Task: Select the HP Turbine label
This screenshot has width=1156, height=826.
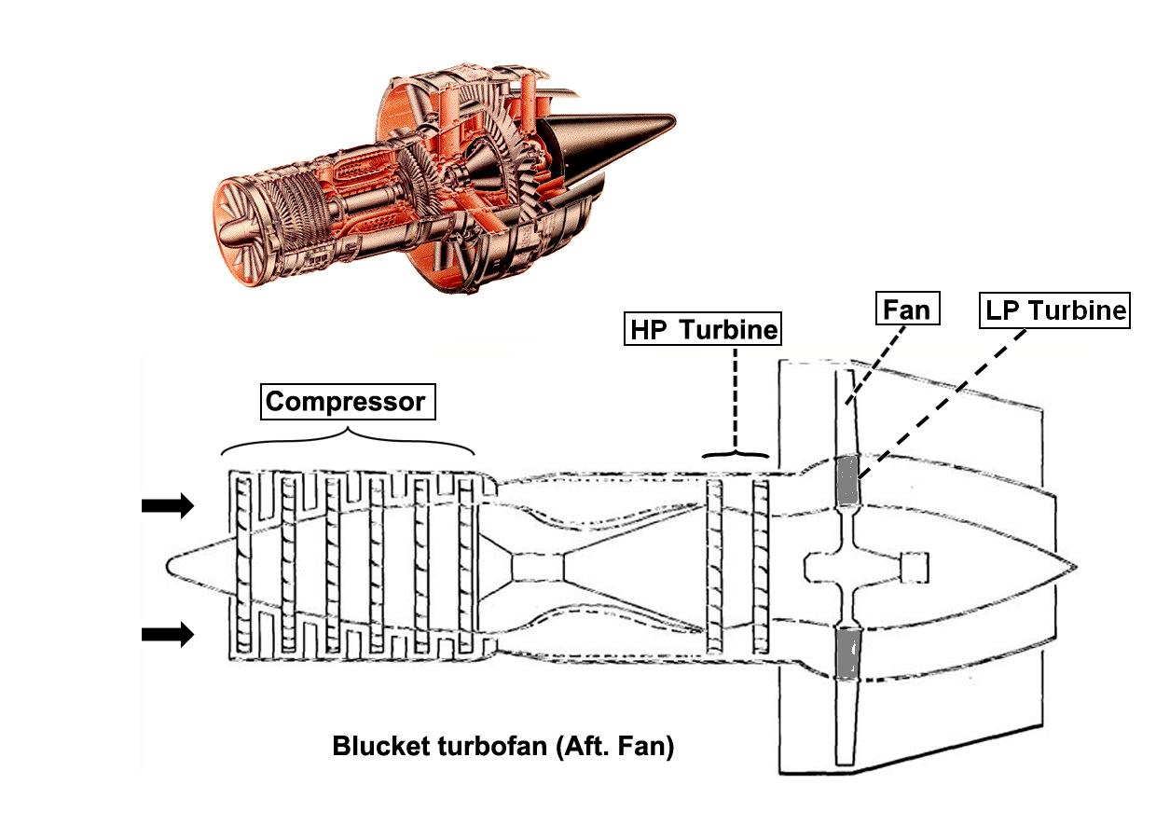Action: [x=703, y=330]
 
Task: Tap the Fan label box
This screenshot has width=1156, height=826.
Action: [x=907, y=309]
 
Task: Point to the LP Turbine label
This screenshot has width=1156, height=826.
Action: [x=1054, y=310]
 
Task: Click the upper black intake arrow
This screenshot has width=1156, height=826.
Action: [x=168, y=506]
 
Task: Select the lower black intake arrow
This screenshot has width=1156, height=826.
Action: [x=168, y=635]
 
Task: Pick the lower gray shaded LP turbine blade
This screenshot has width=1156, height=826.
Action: [x=846, y=653]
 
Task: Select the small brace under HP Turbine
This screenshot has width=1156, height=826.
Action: [x=736, y=455]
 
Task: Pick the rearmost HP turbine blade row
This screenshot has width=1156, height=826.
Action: [x=760, y=566]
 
